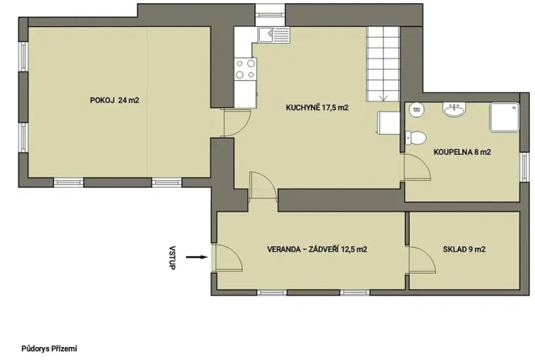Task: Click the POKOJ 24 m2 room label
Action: pos(114,100)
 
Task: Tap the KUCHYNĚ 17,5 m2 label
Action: pos(317,108)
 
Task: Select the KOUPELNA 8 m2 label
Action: pos(461,152)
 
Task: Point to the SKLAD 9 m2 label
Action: pos(464,249)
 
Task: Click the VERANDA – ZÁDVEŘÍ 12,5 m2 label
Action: pos(316,249)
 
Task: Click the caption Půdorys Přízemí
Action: pos(50,348)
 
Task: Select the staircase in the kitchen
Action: pos(384,63)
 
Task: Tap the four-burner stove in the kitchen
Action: pos(246,70)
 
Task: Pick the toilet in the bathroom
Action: pos(416,138)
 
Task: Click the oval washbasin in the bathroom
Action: pos(454,110)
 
